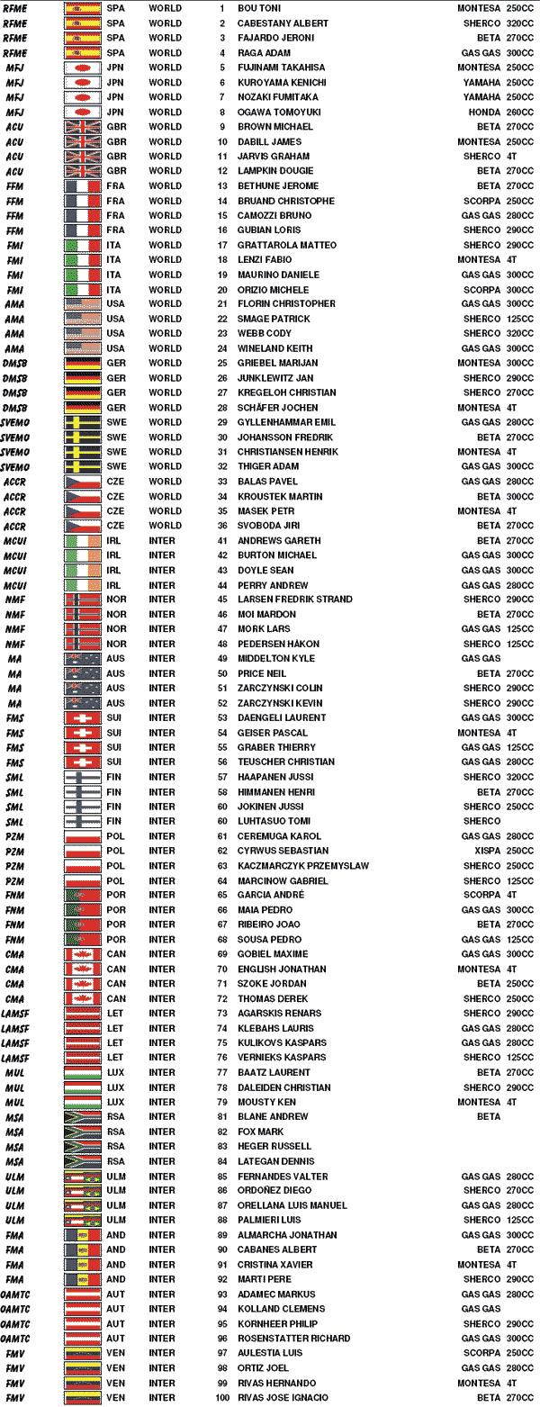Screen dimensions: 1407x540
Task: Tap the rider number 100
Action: pyautogui.click(x=220, y=1397)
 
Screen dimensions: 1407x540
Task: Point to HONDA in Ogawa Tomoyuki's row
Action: pyautogui.click(x=482, y=112)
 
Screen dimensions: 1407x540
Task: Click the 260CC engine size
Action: pyautogui.click(x=520, y=112)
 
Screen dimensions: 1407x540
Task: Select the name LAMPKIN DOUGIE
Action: pyautogui.click(x=275, y=171)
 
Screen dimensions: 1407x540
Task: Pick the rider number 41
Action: pyautogui.click(x=220, y=541)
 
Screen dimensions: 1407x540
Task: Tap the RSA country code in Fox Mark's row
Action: pyautogui.click(x=116, y=1132)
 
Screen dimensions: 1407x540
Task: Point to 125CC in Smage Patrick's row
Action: pyautogui.click(x=520, y=319)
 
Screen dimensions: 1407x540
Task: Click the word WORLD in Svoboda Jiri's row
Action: pyautogui.click(x=165, y=526)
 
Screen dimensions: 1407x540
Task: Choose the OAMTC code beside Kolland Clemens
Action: pyautogui.click(x=16, y=1308)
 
